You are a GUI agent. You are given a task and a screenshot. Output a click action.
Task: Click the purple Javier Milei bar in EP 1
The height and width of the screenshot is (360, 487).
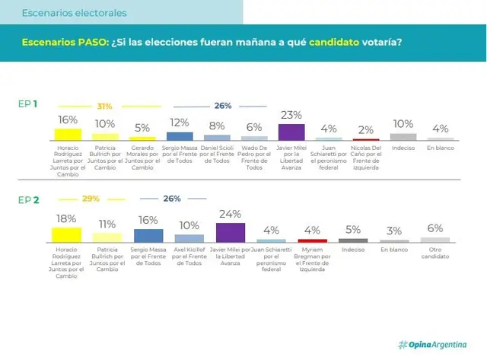pos(291,132)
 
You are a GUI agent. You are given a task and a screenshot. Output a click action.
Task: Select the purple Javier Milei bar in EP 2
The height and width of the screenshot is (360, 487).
pos(231,233)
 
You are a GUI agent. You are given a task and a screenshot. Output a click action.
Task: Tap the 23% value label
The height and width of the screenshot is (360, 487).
pos(291,115)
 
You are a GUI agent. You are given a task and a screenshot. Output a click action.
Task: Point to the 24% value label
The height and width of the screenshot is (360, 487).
pos(230,214)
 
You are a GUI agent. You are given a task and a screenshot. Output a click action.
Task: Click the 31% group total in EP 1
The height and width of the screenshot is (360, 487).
pos(104,107)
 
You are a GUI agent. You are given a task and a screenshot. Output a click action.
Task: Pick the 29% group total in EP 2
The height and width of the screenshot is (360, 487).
pos(91,199)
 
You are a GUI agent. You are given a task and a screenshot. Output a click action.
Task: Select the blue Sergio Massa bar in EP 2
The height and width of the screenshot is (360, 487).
pos(148,236)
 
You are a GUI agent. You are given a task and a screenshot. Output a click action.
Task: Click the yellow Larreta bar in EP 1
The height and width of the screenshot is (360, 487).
pos(68,135)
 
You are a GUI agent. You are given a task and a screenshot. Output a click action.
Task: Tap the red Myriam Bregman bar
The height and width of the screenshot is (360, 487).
pos(313,241)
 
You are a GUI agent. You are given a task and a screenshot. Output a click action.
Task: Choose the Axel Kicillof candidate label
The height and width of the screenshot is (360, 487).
pos(189,256)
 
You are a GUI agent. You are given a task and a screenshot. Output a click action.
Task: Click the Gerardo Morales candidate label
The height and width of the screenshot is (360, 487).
pos(142,158)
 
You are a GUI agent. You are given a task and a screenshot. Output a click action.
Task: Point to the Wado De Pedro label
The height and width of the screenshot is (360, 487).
pos(254,158)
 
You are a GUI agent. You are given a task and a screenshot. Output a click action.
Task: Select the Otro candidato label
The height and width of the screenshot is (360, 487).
pos(435,253)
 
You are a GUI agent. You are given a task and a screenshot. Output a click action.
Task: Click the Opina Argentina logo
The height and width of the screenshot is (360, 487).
pos(432,345)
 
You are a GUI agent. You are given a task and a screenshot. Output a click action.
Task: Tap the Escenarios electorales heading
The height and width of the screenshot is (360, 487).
pos(75,13)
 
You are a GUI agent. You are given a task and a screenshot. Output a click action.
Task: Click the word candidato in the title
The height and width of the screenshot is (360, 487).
pos(334,42)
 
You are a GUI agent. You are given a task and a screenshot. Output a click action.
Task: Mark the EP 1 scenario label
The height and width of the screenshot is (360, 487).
pos(27,104)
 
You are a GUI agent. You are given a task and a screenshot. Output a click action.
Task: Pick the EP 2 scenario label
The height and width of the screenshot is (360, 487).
pos(29,199)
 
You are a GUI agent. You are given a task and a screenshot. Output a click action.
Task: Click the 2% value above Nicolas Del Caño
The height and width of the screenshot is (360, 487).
pos(366,130)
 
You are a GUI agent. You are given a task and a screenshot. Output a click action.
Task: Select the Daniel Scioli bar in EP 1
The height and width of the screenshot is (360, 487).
pos(217,138)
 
